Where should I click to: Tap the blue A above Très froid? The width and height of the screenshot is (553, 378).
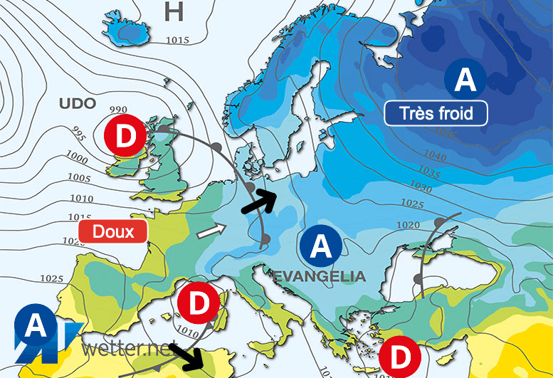point(465,80)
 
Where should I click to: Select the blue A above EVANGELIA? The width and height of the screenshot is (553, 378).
point(320,247)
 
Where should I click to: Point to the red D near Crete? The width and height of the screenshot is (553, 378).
point(400,355)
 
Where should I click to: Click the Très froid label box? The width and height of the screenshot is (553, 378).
point(436,112)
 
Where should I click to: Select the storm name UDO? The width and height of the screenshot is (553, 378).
point(77,104)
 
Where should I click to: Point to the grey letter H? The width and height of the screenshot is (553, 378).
point(174,11)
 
